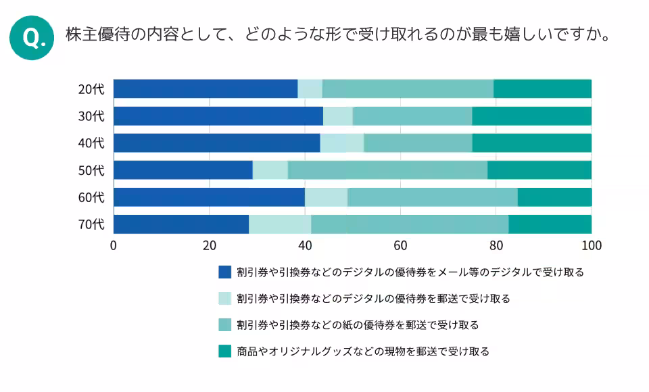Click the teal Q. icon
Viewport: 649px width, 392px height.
31,38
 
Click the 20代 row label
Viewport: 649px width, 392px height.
91,89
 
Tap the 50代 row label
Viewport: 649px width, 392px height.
91,170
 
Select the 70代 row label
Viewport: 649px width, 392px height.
91,224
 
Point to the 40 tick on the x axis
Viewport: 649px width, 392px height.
305,245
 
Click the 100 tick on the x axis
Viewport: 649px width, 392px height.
592,245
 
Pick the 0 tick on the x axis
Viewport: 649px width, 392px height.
114,245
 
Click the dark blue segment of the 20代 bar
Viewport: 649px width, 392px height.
206,89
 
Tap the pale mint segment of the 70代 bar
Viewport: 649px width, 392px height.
280,224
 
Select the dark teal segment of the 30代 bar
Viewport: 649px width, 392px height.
531,116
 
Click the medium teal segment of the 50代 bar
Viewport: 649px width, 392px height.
387,170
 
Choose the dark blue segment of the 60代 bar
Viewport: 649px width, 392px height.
209,197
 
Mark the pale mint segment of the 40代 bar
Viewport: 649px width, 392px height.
341,143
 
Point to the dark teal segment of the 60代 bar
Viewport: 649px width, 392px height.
554,197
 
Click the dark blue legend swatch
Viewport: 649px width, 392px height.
225,272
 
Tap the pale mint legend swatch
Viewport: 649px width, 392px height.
225,298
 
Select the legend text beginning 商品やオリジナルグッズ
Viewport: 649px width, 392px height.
363,351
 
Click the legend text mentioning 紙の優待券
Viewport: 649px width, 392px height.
358,325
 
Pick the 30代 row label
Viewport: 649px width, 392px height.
91,116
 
